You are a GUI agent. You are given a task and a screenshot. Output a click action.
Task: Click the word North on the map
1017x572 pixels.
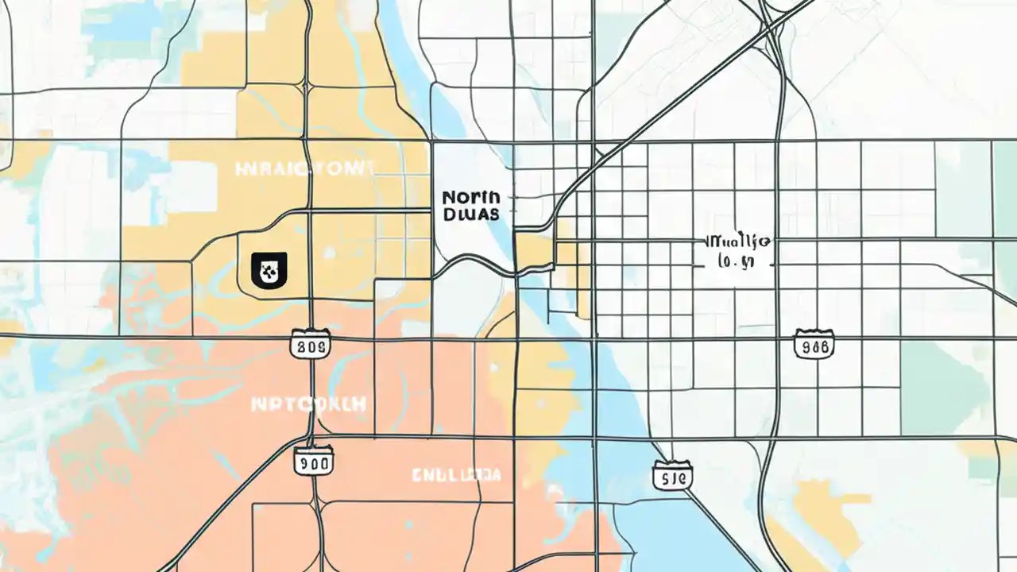click(x=470, y=196)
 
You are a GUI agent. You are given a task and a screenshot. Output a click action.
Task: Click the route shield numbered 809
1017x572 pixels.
click(x=309, y=346)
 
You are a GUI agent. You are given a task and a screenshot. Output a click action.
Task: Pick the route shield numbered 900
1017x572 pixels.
click(x=313, y=461)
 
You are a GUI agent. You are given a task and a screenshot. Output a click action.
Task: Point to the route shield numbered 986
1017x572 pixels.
click(x=814, y=346)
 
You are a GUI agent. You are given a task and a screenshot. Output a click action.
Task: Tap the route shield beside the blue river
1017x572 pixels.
click(x=672, y=476)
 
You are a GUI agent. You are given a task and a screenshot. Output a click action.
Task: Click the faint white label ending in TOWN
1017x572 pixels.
click(x=304, y=168)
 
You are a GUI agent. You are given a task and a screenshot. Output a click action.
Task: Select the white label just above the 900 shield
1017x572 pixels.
click(x=308, y=404)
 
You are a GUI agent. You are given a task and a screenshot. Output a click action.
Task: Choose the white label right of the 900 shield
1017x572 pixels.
click(x=457, y=475)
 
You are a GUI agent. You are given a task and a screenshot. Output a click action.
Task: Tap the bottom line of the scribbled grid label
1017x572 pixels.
click(x=734, y=260)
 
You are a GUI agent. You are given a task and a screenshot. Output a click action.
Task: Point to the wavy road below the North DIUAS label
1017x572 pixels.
click(x=477, y=260)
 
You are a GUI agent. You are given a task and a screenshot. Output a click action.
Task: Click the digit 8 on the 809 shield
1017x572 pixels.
click(x=300, y=346)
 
